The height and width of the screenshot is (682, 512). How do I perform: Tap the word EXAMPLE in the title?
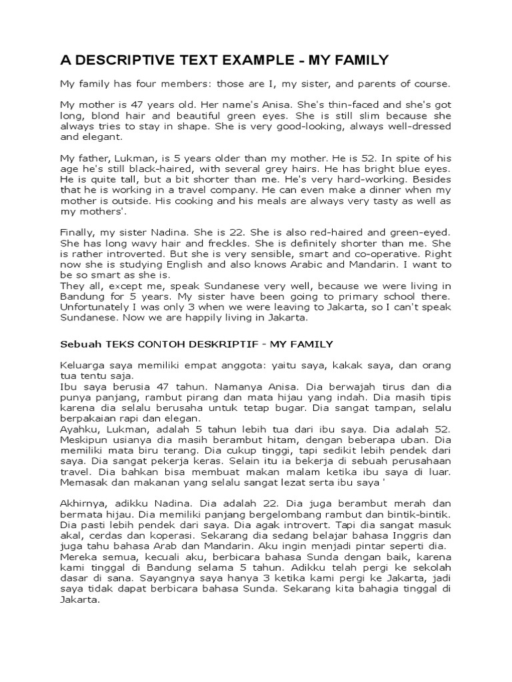point(255,61)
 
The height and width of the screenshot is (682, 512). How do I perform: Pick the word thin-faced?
point(336,105)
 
